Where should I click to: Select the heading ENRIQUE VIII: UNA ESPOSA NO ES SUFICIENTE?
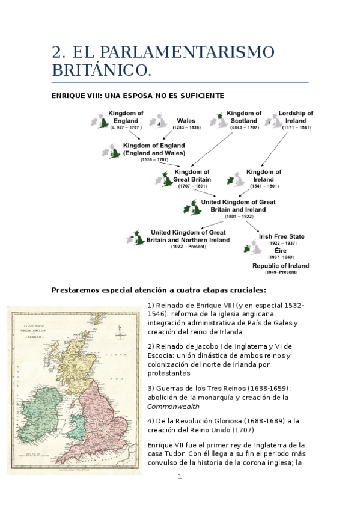point(138,96)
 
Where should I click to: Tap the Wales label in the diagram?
point(186,121)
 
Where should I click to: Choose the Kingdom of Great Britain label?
point(191,176)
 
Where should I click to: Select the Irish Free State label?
point(281,237)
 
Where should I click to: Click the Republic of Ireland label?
point(281,266)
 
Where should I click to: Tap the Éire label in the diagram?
point(281,250)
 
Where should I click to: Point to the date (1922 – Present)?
point(188,247)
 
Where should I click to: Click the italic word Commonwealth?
point(174,407)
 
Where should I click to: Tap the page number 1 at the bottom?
point(179,477)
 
